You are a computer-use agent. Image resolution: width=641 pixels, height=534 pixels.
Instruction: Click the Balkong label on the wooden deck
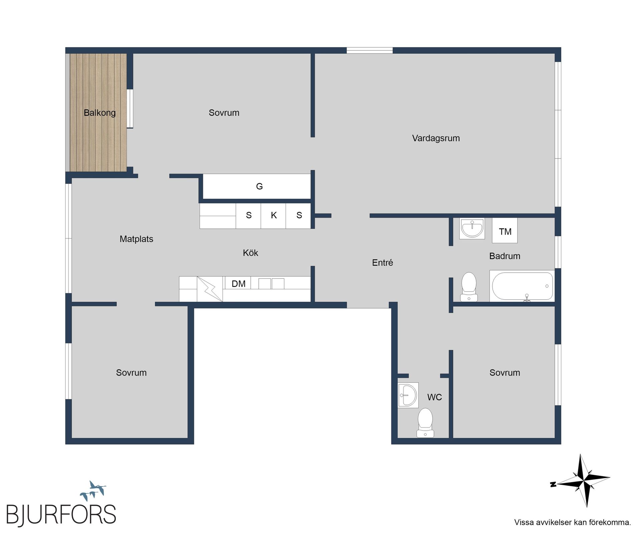coord(99,113)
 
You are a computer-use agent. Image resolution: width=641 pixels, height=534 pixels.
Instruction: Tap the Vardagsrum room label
coord(436,138)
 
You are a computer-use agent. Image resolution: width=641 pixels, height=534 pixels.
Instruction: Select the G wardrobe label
coord(259,186)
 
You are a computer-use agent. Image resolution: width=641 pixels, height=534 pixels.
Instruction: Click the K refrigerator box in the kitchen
coord(273,216)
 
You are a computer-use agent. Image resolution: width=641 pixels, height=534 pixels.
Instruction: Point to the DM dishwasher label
coord(238,284)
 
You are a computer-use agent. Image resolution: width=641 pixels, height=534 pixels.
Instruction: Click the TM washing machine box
coord(505,231)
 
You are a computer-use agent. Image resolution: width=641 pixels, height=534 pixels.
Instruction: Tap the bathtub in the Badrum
coord(521,286)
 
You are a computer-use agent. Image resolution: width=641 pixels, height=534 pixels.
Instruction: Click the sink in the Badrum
coord(472,229)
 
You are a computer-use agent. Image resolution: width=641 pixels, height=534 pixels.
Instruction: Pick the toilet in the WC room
coord(425,423)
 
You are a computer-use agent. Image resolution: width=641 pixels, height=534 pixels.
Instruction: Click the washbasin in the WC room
coord(408,395)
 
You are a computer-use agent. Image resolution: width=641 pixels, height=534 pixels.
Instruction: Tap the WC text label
coord(434,397)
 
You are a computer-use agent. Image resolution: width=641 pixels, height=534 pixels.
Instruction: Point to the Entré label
coord(382,263)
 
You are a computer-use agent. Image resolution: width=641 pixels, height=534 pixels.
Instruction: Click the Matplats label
coord(136,239)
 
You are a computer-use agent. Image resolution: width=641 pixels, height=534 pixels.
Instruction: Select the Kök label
coord(250,253)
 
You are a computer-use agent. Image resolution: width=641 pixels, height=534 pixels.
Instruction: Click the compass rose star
coord(583,481)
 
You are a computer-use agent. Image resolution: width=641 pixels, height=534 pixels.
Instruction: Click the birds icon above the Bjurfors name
coord(93,491)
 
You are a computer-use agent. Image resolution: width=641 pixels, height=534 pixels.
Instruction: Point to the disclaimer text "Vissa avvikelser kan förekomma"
coord(572,522)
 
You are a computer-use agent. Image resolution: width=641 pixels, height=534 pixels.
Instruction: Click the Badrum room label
coord(504,256)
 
